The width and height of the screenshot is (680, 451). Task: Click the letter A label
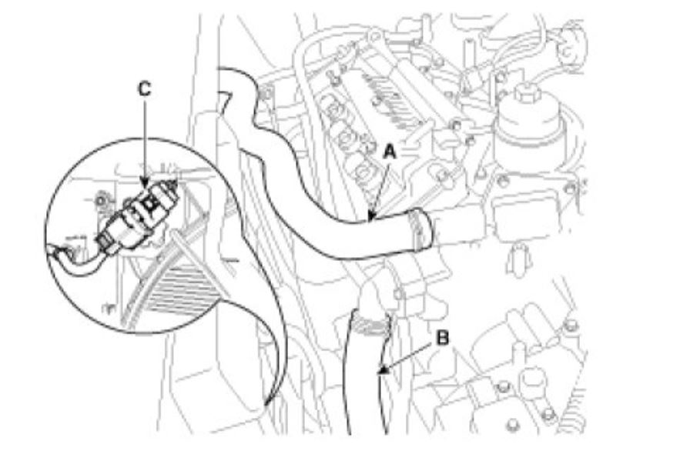(x=390, y=153)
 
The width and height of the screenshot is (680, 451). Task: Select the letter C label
(x=143, y=89)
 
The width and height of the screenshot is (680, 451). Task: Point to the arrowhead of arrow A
(x=370, y=221)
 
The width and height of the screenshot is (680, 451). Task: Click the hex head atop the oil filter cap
(x=528, y=95)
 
